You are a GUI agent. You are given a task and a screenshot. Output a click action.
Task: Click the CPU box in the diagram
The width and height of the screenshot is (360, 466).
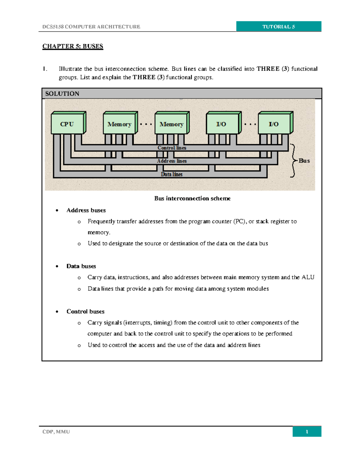point(67,124)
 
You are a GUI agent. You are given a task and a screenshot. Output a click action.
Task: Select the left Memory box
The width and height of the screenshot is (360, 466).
point(119,124)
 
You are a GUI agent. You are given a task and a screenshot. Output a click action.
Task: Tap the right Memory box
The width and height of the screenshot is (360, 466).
point(171,124)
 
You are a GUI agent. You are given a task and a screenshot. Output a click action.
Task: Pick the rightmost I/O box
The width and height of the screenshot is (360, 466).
point(274,124)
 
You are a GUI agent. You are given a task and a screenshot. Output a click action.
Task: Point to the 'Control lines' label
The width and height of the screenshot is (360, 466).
point(172,148)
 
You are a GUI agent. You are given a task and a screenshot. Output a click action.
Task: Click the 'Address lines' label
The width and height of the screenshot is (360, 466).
point(172,161)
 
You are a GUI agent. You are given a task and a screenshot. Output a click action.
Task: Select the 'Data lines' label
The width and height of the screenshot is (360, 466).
point(172,174)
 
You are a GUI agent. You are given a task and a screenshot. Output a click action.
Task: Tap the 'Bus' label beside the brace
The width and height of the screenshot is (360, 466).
point(304,161)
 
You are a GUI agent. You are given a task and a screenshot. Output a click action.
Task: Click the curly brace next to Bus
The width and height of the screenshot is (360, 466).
point(293,161)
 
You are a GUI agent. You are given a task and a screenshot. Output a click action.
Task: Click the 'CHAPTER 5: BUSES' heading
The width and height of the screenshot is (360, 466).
point(73,46)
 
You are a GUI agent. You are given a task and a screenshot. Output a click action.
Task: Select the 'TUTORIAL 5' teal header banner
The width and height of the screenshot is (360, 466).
point(279,26)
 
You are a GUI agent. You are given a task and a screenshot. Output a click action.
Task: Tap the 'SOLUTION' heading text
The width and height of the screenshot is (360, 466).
point(62,94)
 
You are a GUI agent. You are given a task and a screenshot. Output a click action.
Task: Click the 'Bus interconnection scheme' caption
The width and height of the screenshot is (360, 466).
point(192,198)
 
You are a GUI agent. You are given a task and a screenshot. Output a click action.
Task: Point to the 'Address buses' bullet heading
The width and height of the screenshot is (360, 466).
point(86,210)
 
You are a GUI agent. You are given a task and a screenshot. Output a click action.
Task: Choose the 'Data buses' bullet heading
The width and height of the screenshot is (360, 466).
point(81,266)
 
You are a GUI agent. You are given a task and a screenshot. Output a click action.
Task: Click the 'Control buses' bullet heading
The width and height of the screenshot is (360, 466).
point(85,311)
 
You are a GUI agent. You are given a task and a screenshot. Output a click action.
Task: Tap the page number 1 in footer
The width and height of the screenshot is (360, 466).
point(307,431)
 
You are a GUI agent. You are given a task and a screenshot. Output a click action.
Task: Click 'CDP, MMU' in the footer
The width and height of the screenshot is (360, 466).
point(56,431)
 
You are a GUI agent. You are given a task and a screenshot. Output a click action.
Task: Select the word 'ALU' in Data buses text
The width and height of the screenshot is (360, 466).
point(308,277)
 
